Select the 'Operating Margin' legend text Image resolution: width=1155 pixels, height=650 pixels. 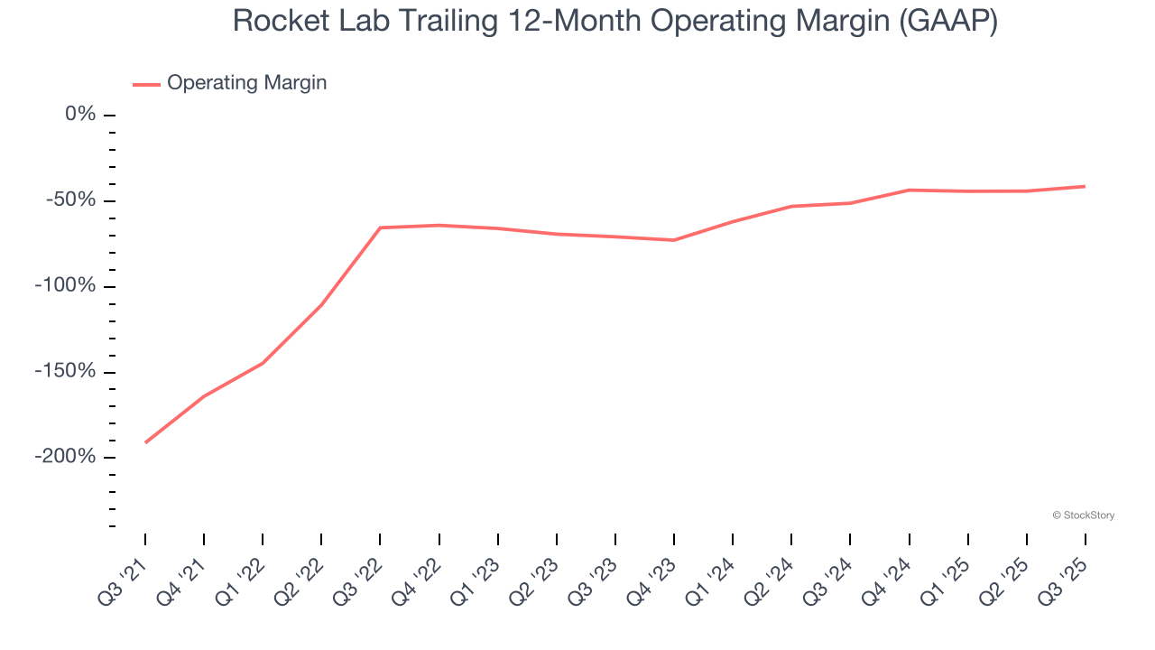pos(246,83)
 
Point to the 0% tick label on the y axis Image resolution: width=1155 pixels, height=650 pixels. pos(80,115)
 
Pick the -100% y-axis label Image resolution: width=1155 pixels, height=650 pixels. pos(65,286)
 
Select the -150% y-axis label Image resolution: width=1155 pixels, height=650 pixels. pos(65,372)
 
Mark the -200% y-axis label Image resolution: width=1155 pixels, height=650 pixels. pos(65,457)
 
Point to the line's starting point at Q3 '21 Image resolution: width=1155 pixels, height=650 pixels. pos(145,442)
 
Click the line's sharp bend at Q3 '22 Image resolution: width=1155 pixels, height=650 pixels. pos(380,227)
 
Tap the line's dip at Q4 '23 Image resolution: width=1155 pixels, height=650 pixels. pos(674,240)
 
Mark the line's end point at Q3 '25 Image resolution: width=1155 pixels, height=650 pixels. pos(1085,186)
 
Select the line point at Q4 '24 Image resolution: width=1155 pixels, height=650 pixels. pos(909,190)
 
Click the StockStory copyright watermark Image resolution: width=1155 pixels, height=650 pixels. pos(1083,515)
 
